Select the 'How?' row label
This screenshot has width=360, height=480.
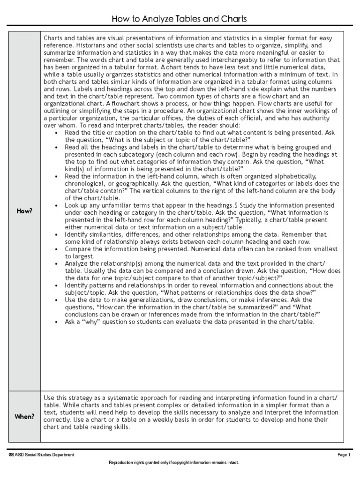click(24, 211)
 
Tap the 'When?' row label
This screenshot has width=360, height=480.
click(24, 416)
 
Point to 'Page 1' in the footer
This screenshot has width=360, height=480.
click(344, 455)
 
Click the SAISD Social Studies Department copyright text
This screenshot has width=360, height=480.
click(41, 455)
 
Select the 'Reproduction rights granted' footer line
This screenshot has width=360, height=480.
click(173, 463)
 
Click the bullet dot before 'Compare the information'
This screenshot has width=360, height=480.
click(57, 249)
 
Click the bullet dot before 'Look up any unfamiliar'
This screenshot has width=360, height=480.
click(57, 205)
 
